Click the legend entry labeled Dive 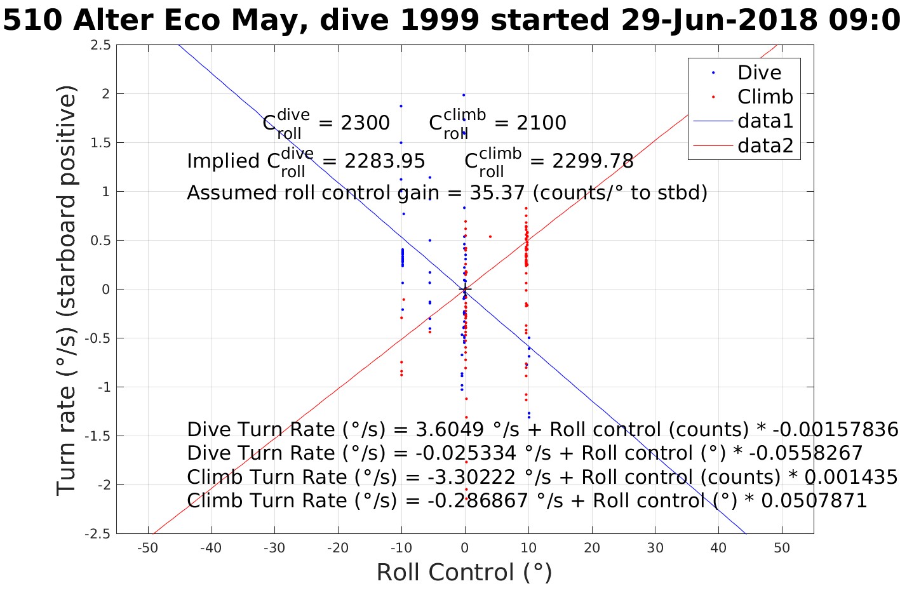pos(759,72)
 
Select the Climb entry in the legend pos(765,97)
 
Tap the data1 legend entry pos(765,121)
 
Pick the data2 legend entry pos(765,145)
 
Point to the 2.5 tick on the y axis pos(100,45)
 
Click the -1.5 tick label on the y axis pos(98,436)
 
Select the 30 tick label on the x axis pos(655,549)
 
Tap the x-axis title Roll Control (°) pos(464,573)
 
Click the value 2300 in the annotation pos(365,123)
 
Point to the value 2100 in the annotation pos(542,123)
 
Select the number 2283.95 pos(385,161)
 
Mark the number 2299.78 pos(593,161)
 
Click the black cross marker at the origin pos(465,290)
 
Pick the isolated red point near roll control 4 pos(490,237)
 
